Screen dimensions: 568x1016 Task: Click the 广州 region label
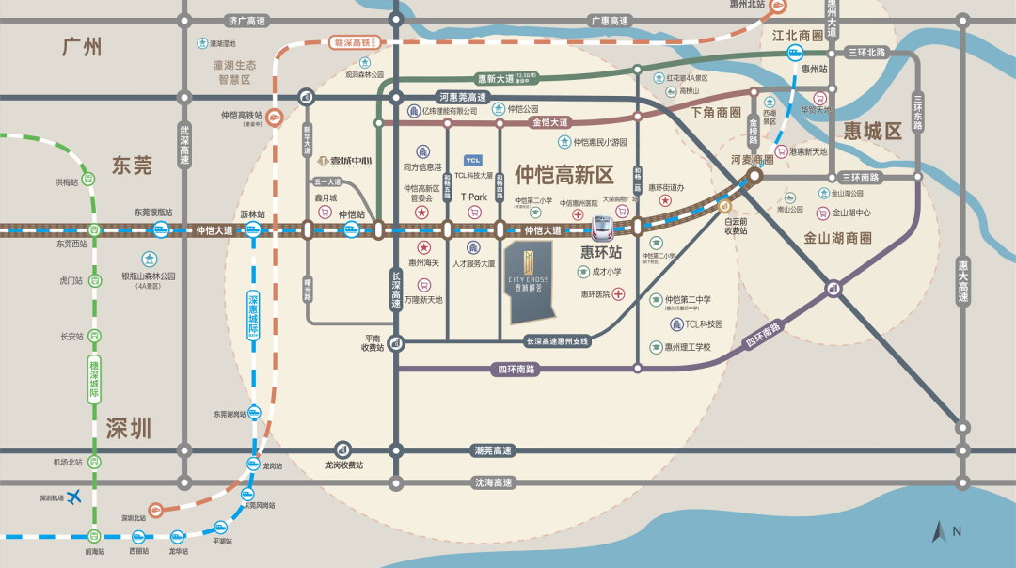pos(81,47)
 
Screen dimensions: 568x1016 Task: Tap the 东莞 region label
pos(132,166)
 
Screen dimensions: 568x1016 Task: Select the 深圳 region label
pos(130,430)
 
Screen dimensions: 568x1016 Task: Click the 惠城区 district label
pos(872,131)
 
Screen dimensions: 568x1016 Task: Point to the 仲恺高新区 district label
pos(564,174)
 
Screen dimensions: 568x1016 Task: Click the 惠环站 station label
pos(601,252)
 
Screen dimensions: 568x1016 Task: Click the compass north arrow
pos(939,532)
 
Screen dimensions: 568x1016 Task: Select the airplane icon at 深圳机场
pos(76,497)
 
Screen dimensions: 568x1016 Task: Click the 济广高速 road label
pos(246,21)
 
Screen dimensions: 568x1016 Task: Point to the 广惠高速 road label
pos(608,21)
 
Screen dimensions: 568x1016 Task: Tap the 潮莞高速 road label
pos(492,451)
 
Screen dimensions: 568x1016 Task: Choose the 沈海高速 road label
pos(492,482)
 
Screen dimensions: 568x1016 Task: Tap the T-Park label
pos(474,197)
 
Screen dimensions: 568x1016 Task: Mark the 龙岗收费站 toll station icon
pos(343,450)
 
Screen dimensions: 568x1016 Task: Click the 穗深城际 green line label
pos(94,375)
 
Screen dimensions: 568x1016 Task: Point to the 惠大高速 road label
pos(962,281)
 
